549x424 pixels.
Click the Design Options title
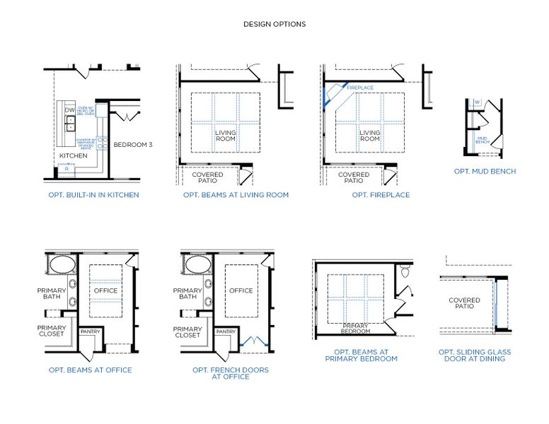[274, 24]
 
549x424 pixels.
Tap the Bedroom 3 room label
[134, 145]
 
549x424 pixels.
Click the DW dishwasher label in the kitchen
[69, 110]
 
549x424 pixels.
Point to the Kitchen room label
[73, 155]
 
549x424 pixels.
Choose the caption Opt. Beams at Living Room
[236, 194]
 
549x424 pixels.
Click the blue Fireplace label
[360, 88]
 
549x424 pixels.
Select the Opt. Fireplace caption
[381, 194]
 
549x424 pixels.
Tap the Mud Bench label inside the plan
[482, 140]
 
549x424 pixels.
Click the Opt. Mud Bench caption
[485, 171]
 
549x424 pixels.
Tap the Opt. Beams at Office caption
[90, 370]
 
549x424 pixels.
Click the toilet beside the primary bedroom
[405, 271]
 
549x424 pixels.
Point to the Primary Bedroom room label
[355, 328]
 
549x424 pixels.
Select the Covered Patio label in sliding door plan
[464, 303]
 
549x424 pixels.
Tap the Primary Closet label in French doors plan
[187, 331]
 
